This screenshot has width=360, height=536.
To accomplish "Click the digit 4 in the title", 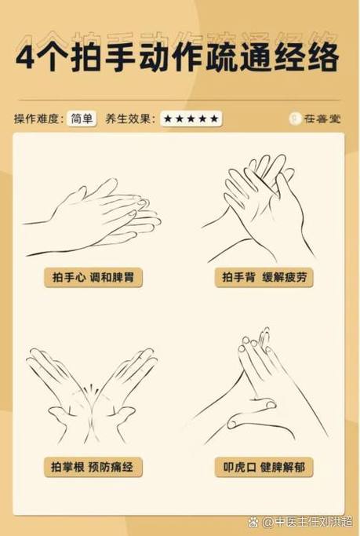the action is click(x=27, y=57).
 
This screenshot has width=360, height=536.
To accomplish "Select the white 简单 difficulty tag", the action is click(x=82, y=119).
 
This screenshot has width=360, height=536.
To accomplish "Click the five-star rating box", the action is click(x=191, y=119).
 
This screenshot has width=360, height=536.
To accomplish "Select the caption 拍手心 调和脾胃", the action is click(x=93, y=277).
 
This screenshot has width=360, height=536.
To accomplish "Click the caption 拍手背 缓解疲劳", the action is click(x=264, y=277).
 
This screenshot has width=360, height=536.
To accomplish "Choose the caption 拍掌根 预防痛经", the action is click(x=93, y=467).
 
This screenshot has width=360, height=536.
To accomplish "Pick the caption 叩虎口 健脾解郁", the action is click(x=264, y=467).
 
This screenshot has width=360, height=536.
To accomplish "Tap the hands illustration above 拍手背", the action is click(x=259, y=209).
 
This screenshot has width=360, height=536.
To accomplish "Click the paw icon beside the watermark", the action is click(x=253, y=522).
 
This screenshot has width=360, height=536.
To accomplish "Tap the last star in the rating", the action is click(x=214, y=119).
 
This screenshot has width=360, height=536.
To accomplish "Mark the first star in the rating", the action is click(x=168, y=119).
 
